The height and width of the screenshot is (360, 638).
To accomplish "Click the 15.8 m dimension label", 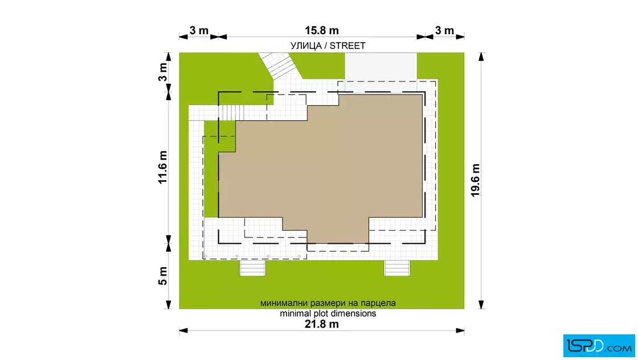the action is [321, 31].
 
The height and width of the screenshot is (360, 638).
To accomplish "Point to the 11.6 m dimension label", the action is [163, 167].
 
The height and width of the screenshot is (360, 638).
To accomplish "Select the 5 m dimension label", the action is [163, 276].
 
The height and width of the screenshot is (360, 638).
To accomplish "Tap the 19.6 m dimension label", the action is [475, 180].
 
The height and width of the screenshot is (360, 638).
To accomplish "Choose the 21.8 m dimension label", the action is [321, 324].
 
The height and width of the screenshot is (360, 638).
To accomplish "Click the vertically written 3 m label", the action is [163, 72].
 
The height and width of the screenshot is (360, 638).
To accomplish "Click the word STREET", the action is [347, 46].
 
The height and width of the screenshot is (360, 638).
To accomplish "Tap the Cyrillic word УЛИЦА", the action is [306, 46].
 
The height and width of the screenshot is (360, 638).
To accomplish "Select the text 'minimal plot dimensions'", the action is [328, 314].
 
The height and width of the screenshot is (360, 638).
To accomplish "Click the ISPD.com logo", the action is [599, 346].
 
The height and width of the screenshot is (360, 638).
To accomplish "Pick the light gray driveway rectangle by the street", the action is [381, 66].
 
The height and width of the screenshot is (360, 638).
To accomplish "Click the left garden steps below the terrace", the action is [252, 268].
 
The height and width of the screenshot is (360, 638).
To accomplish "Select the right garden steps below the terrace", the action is [397, 268].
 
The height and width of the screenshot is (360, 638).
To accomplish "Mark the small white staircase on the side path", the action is [227, 113].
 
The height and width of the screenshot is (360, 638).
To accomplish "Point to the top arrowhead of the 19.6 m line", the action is [481, 57].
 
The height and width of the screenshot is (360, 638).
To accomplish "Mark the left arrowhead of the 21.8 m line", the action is [183, 331].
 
